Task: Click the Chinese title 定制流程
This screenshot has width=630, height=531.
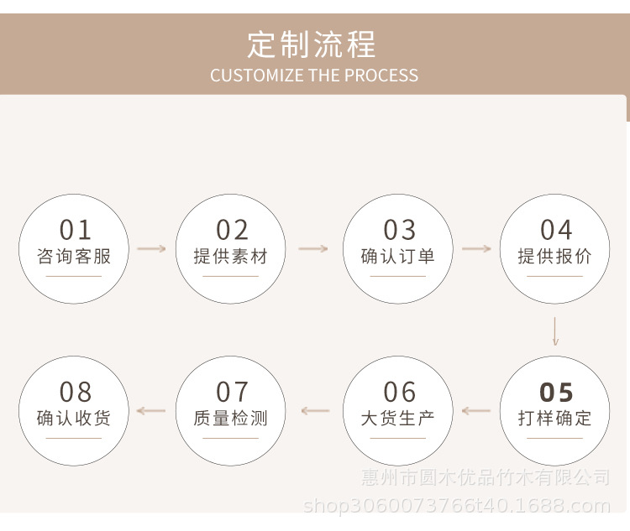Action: coord(313,44)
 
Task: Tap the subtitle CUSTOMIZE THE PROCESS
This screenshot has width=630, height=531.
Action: coord(314,75)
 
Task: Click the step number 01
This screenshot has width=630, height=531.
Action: coord(74,230)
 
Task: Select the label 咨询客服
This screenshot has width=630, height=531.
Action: coord(74,257)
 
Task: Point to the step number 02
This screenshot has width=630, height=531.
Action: coord(232,230)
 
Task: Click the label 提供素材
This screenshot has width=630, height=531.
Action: coord(231,257)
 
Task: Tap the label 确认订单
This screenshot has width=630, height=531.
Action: coord(398,257)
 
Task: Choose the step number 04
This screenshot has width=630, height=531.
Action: coord(555,230)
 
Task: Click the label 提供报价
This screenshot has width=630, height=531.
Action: coord(554,257)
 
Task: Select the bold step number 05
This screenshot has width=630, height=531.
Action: coord(555,392)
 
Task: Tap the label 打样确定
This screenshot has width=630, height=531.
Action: coord(554,418)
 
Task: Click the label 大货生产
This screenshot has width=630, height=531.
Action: coord(398,418)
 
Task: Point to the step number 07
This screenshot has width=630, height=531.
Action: coord(232,392)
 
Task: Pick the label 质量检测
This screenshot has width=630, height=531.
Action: coord(231,418)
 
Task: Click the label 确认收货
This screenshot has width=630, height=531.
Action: coord(74,418)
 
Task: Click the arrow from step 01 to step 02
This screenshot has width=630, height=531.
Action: coord(152,249)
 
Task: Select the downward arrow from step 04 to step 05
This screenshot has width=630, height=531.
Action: coord(555,331)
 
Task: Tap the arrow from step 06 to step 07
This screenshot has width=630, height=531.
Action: coord(316,411)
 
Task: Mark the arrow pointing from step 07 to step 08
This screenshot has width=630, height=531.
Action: coord(151,411)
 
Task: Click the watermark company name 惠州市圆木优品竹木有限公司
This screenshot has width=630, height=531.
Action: coord(486,478)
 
